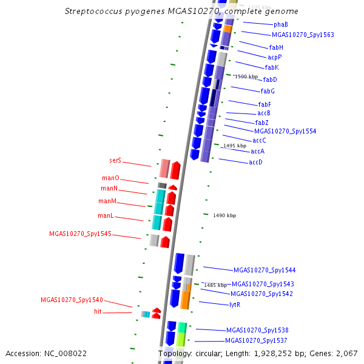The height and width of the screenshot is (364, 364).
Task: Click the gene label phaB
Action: coord(281,25)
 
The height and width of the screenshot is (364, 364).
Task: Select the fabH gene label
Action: coord(276,47)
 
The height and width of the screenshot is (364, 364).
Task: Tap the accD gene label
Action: coord(255,162)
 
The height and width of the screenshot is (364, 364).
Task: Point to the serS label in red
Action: coord(115,160)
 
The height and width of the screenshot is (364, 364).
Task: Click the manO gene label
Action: coord(111,178)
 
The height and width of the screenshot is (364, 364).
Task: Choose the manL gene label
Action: coord(106,215)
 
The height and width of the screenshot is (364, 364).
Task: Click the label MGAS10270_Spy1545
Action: coord(80,234)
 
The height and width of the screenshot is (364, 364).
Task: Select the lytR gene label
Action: coord(235,305)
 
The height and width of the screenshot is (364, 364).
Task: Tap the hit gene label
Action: coord(98,311)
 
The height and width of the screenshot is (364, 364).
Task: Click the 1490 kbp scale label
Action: coord(224,215)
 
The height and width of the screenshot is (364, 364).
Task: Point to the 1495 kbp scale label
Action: coord(235,146)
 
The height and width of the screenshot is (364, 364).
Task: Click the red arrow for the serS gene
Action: coord(175,170)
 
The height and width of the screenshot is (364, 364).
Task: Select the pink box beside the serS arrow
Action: coord(164,169)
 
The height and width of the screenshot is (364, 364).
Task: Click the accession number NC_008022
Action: coord(66,354)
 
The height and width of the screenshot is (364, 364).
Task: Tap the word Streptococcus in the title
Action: coord(93,12)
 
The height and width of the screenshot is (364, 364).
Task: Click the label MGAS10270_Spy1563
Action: coord(303,35)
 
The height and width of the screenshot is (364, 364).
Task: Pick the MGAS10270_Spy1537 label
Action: coord(256,340)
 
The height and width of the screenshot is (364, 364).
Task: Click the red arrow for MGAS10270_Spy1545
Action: coord(165,242)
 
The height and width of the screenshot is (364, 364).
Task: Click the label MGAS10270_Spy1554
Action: coord(285,132)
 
